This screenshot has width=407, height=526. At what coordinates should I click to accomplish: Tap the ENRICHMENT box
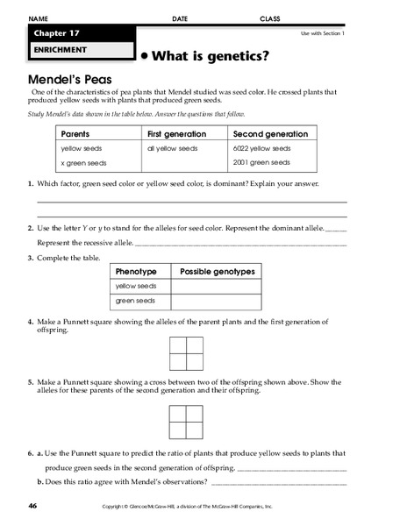(57, 51)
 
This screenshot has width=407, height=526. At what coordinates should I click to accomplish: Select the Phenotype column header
(136, 272)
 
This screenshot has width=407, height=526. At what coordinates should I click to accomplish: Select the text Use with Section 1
(323, 33)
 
